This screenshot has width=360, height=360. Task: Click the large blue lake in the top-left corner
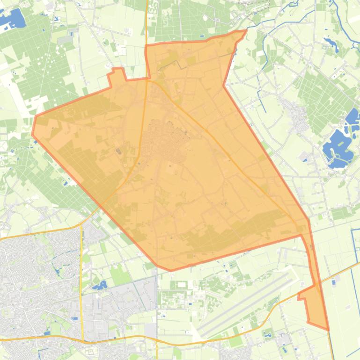click(x=13, y=19)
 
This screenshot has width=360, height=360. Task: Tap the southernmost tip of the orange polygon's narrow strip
click(x=328, y=329)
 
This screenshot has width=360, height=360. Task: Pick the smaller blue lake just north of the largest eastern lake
click(x=353, y=117)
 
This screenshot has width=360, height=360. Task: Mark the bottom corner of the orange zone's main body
click(x=169, y=270)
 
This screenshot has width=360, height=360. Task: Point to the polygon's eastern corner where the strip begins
click(x=308, y=220)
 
